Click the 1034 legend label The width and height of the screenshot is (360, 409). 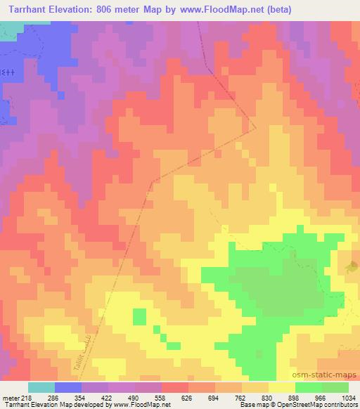(348, 397)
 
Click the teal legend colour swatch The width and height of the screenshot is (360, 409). (41, 387)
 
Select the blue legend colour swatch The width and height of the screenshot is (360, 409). (68, 387)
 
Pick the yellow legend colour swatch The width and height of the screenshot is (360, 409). (281, 387)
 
